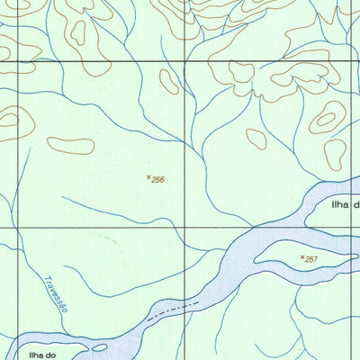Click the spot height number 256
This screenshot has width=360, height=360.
coord(158,180)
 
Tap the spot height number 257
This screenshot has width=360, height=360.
coord(311,260)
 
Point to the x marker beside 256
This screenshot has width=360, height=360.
coord(148,177)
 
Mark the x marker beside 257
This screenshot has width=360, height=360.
coord(301,257)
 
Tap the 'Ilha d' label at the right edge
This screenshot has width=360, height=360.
coord(344,205)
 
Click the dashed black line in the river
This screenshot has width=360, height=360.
coord(174,310)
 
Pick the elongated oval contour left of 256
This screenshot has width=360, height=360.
coord(71,144)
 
